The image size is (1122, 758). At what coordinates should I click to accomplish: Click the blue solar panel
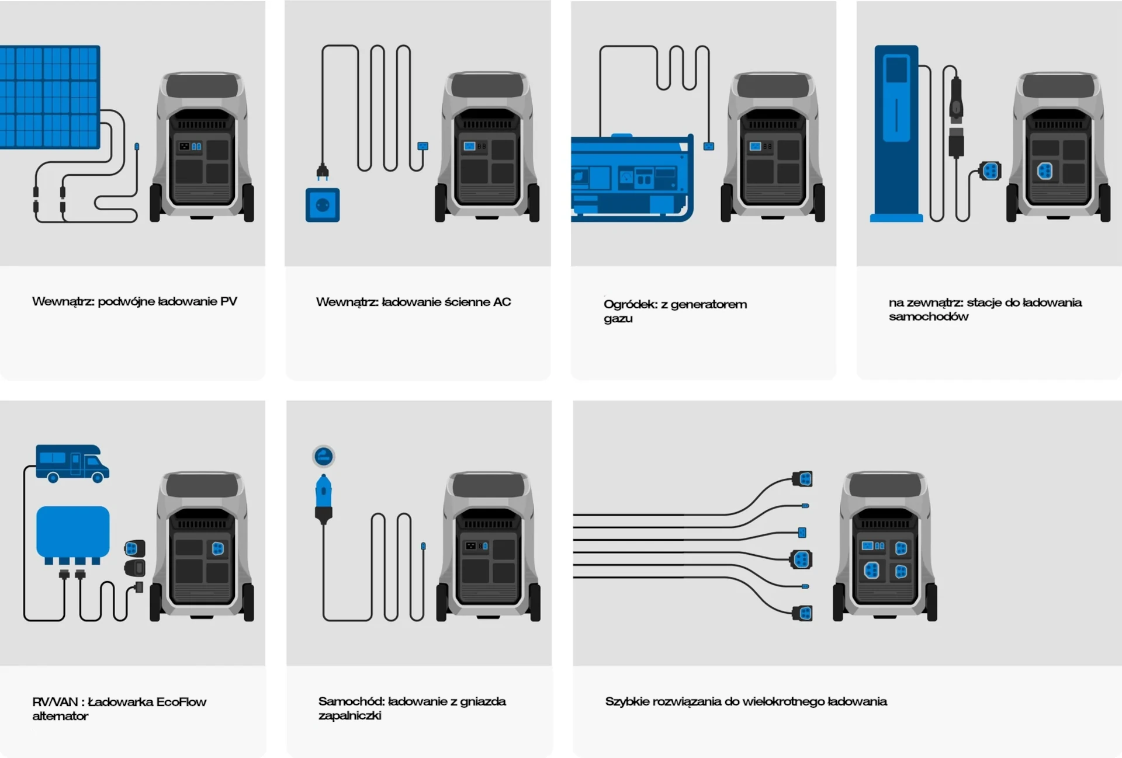49,96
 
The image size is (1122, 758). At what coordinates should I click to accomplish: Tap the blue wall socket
323,205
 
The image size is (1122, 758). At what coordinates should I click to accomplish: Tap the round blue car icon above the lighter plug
323,456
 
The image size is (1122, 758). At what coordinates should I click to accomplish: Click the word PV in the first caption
228,301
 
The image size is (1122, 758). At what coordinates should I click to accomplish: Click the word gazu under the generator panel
618,319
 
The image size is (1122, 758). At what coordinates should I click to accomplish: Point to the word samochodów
928,317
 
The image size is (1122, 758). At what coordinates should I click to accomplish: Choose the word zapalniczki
349,715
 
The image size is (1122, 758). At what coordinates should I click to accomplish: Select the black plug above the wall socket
322,172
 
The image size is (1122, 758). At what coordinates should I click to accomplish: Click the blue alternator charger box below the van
72,532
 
